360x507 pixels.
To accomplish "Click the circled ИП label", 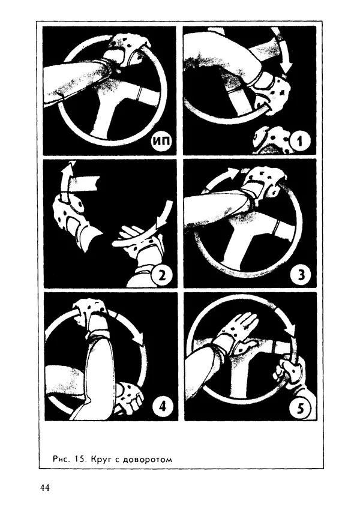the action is [161, 141].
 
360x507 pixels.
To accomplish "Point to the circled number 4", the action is [162, 406].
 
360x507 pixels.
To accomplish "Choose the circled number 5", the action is [301, 409].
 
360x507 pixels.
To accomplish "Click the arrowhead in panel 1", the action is [285, 67].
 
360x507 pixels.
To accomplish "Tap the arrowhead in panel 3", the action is [233, 172].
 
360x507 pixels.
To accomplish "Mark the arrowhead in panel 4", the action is [139, 339].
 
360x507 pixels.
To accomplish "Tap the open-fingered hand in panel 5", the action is [240, 334].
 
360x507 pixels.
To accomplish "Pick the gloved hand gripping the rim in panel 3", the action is [263, 185].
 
